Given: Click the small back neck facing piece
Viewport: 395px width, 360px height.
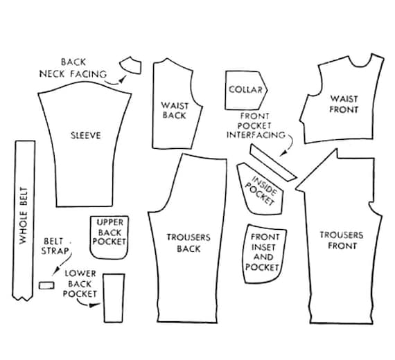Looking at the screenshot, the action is tap(131, 66).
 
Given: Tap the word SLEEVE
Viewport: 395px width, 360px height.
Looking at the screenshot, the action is tap(86, 136).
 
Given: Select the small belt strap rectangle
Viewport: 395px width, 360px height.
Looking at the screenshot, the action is tap(46, 285).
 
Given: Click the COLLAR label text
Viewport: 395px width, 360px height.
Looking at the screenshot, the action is tap(245, 89).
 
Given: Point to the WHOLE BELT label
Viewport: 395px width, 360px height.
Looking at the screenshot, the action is tap(24, 215).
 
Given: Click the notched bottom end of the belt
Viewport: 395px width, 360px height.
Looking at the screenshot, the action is tap(22, 298).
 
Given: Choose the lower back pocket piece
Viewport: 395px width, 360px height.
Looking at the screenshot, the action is tap(114, 298).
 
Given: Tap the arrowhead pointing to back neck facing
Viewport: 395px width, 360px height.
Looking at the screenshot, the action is tap(123, 80).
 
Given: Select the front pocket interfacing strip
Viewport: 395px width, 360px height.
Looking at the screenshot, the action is tap(273, 163).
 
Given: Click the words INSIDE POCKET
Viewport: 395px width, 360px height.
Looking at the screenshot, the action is tap(261, 191).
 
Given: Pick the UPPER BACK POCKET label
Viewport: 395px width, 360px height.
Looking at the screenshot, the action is tap(109, 232).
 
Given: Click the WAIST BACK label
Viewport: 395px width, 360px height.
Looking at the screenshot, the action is tap(175, 110).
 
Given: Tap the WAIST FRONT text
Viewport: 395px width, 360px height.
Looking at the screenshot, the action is tap(344, 105).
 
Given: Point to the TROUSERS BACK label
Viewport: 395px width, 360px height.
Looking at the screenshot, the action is tap(188, 243).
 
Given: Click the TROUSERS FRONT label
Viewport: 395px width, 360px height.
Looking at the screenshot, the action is tap(342, 240).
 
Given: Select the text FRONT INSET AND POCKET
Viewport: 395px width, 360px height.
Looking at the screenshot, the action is tap(263, 252).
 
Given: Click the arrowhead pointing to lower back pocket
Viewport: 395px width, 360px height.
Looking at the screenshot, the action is tap(94, 305).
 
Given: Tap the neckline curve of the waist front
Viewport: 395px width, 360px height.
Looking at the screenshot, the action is tap(360, 65).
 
